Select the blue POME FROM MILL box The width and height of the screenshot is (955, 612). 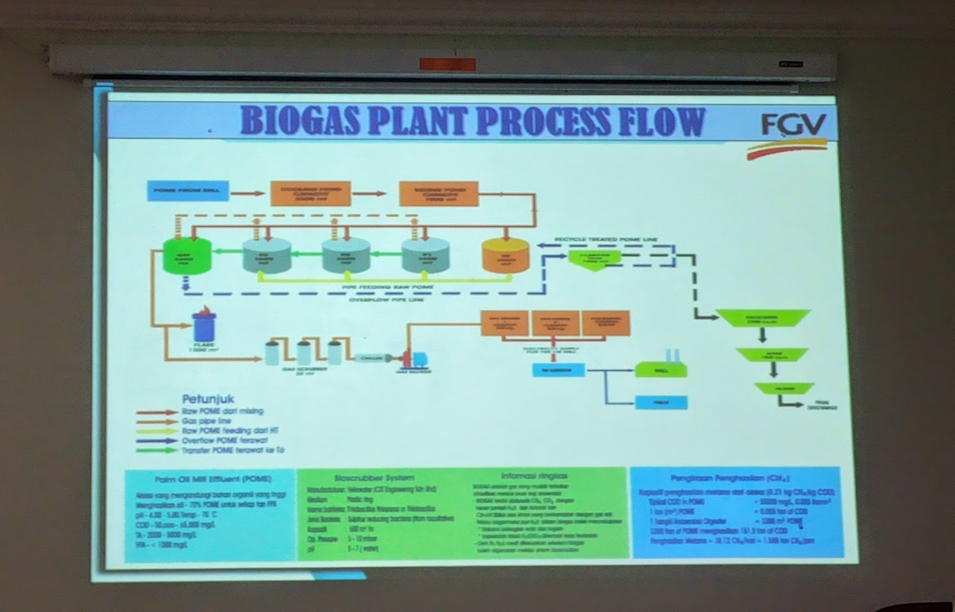pyautogui.click(x=186, y=191)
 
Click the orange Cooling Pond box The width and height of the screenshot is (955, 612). pyautogui.click(x=310, y=193)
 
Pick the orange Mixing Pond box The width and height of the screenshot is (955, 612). pyautogui.click(x=439, y=193)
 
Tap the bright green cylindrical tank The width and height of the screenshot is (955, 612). pyautogui.click(x=186, y=256)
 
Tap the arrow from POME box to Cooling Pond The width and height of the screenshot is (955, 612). pyautogui.click(x=248, y=193)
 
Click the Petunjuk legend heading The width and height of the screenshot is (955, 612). pyautogui.click(x=208, y=399)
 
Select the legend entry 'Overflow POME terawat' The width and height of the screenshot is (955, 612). pyautogui.click(x=224, y=440)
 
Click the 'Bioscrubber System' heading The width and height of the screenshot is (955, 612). pyautogui.click(x=374, y=478)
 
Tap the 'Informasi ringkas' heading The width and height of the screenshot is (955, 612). pyautogui.click(x=534, y=476)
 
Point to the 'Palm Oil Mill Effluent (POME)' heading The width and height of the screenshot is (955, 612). pyautogui.click(x=212, y=479)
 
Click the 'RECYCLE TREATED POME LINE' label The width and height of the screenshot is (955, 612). pyautogui.click(x=605, y=238)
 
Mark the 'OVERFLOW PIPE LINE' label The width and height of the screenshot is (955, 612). pyautogui.click(x=386, y=300)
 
